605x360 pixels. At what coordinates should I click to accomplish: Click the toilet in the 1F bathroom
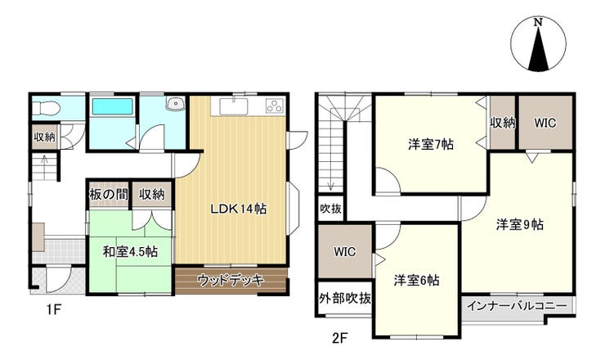[x=45, y=108]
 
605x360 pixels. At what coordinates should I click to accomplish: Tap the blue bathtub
[x=112, y=106]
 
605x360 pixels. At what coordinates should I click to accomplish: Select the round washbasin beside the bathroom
[x=177, y=103]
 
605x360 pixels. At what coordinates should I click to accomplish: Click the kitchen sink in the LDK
[x=234, y=106]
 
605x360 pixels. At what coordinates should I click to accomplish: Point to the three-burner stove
[x=275, y=106]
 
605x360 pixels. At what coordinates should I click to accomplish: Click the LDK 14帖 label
[x=238, y=209]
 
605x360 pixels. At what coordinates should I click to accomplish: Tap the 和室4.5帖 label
[x=130, y=252]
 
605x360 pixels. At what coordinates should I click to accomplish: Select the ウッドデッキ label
[x=231, y=280]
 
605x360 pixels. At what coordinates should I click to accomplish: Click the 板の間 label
[x=109, y=194]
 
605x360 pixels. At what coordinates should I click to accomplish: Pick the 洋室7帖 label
[x=431, y=145]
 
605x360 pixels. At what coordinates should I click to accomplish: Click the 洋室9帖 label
[x=520, y=224]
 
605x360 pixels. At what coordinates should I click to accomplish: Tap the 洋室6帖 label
[x=416, y=280]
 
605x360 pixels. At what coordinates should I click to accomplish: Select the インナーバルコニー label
[x=517, y=306]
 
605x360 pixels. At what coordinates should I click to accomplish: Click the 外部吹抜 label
[x=345, y=298]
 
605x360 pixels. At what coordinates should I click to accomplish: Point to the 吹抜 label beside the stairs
[x=330, y=209]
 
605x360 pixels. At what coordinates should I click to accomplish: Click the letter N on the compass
[x=538, y=22]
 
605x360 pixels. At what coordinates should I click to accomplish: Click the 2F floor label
[x=339, y=339]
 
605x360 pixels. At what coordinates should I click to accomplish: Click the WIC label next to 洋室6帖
[x=344, y=252]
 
